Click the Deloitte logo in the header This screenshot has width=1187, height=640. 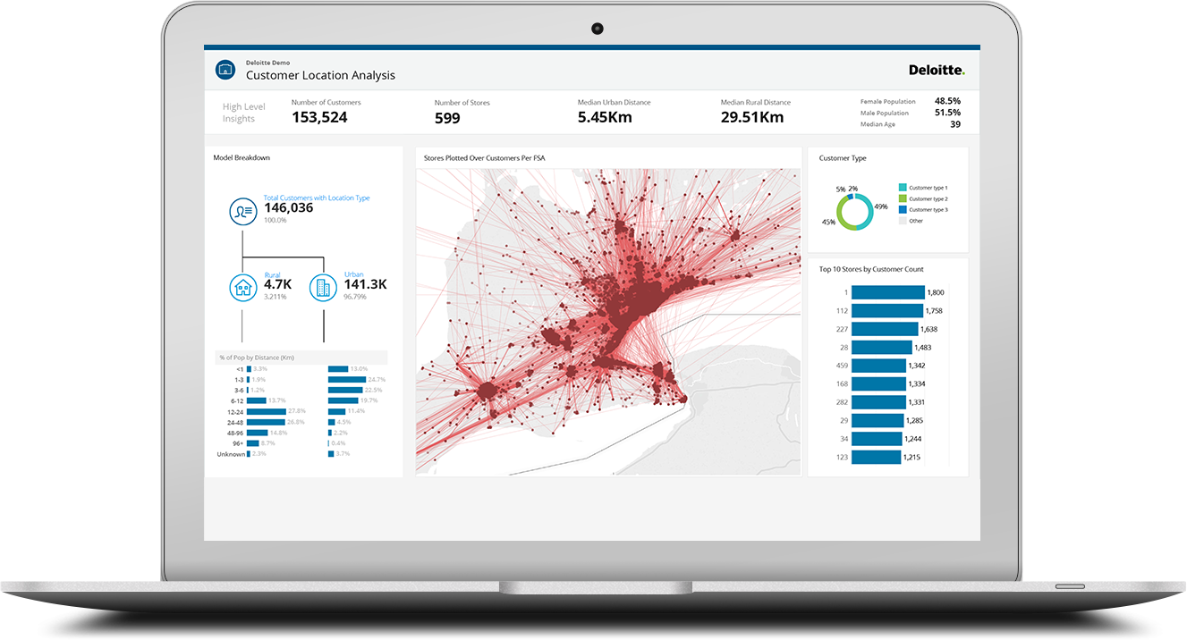[x=936, y=70]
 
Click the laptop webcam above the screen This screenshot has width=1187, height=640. [x=597, y=29]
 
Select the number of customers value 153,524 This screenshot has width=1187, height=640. [x=319, y=117]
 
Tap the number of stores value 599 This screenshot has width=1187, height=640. [x=447, y=118]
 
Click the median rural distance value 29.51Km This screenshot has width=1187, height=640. [x=752, y=117]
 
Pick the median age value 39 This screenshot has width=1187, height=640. [x=954, y=124]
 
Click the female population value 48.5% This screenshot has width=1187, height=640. [x=947, y=101]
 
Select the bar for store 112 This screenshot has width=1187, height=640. [x=886, y=311]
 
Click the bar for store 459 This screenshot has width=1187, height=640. [x=878, y=366]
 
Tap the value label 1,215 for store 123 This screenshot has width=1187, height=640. [x=911, y=458]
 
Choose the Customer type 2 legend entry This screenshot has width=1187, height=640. [x=928, y=198]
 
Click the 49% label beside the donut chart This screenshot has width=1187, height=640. [x=881, y=206]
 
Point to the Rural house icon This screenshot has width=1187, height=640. [x=242, y=287]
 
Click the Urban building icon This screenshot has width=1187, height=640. [x=322, y=287]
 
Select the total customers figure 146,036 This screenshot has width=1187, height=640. [x=288, y=207]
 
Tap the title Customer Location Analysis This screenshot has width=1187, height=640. [x=320, y=75]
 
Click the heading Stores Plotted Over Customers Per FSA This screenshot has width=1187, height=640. [x=484, y=158]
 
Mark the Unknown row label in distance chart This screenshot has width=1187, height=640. [x=230, y=454]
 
